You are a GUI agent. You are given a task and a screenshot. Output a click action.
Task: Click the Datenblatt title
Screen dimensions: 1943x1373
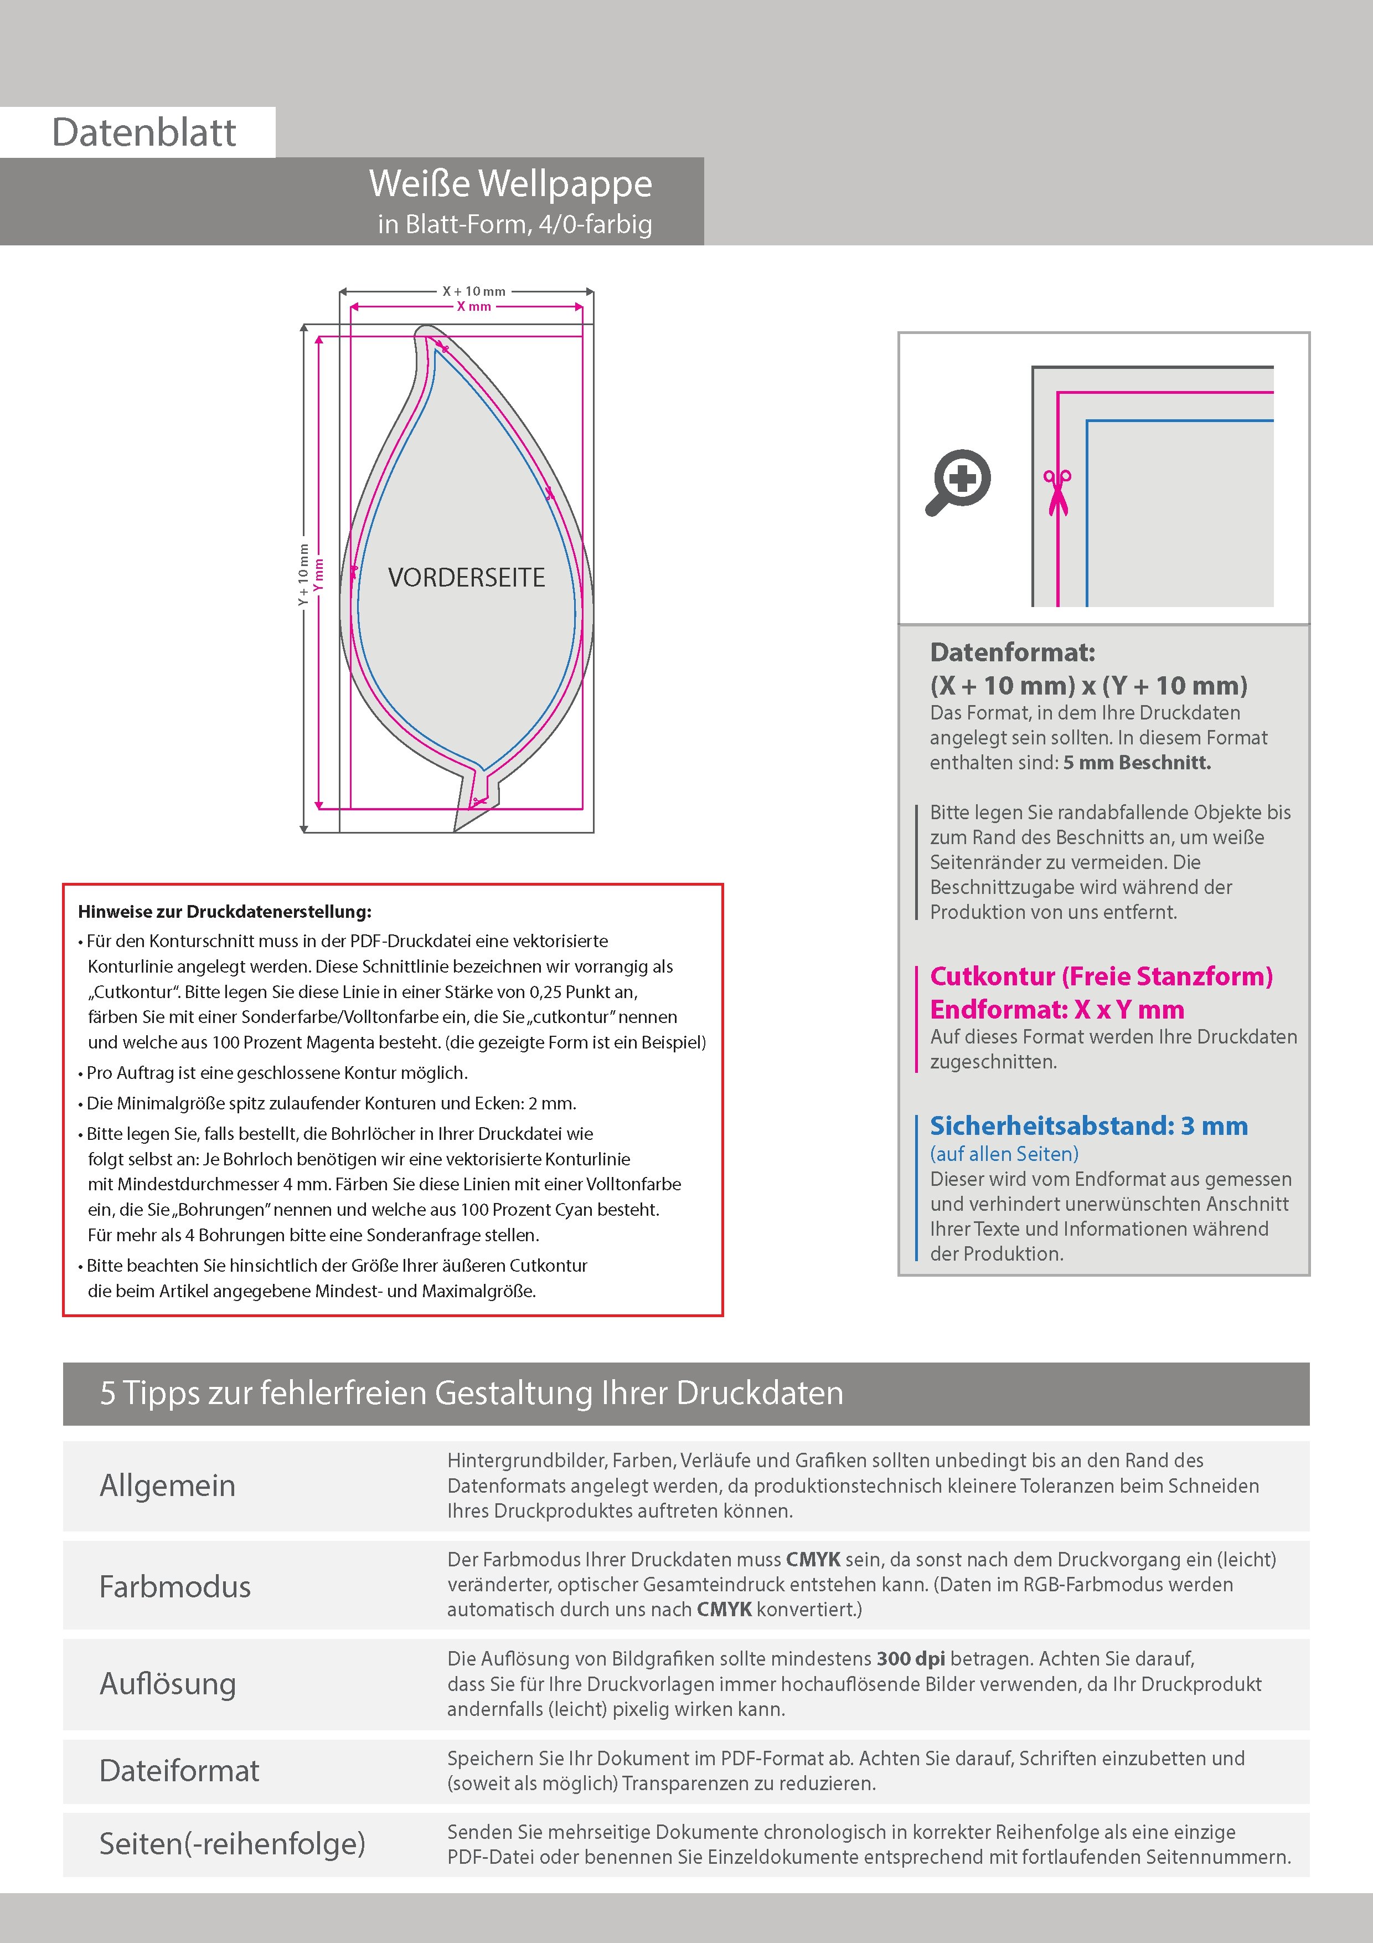pos(144,133)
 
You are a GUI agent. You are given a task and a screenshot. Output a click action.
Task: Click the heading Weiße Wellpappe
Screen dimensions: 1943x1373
pos(510,184)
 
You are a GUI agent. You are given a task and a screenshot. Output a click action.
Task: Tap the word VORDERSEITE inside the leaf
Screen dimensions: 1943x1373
pos(466,578)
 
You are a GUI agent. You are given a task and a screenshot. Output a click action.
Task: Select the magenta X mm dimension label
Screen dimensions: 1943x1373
pos(474,306)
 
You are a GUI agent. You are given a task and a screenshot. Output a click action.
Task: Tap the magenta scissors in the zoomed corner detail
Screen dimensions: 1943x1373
pos(1057,492)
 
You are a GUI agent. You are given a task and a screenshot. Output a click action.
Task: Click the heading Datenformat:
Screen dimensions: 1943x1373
pos(1012,652)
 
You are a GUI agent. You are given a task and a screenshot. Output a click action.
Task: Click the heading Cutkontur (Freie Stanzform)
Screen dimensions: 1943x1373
pos(1101,976)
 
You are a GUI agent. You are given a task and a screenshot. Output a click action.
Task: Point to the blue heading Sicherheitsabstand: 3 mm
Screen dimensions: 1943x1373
pos(1088,1127)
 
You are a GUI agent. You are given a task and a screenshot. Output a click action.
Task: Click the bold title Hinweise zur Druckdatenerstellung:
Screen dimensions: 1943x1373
pos(224,912)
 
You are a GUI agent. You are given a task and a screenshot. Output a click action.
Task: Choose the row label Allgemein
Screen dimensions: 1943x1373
pos(168,1485)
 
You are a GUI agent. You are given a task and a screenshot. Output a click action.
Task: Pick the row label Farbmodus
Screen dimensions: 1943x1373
pos(174,1586)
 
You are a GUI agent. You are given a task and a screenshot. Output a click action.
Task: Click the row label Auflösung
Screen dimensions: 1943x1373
pos(168,1683)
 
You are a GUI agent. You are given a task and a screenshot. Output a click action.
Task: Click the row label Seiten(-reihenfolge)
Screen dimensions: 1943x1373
pos(232,1843)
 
